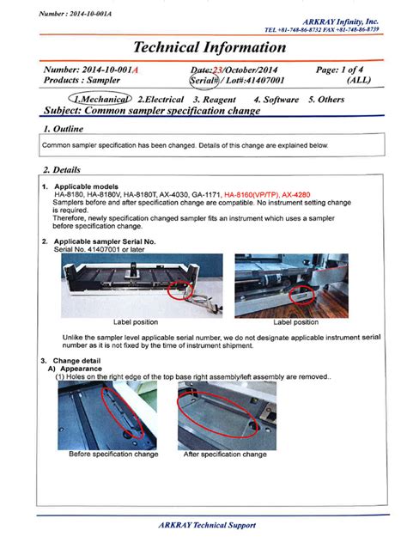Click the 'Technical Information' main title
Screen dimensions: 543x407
(209, 48)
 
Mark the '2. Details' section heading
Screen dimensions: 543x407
(61, 168)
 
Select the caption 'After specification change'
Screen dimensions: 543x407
(225, 454)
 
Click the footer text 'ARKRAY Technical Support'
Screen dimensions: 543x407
(207, 525)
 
